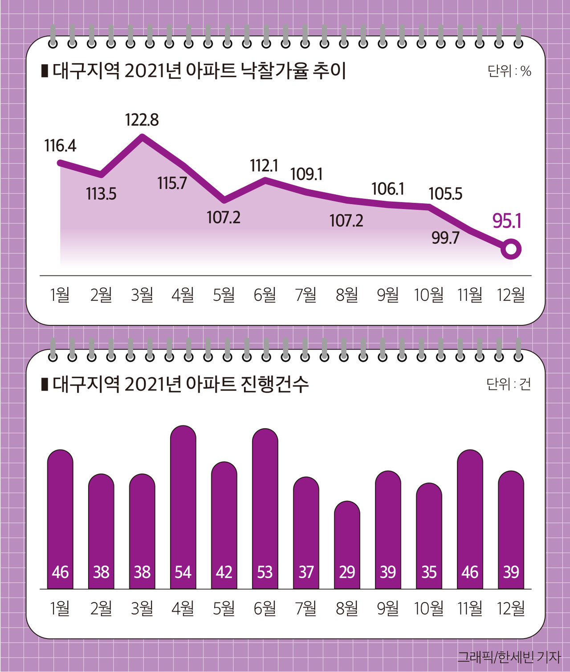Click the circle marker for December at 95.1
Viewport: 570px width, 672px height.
pos(511,249)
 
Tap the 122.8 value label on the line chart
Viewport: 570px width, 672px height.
pos(142,120)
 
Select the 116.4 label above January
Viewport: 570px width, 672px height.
pos(60,146)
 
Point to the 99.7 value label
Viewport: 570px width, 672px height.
pos(445,238)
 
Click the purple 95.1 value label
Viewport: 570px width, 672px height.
pos(507,221)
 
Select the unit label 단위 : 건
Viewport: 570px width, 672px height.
pos(509,384)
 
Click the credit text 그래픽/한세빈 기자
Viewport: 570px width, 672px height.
pos(509,657)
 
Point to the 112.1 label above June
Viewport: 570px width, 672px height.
pos(264,166)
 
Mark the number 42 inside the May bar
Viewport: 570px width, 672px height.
pos(224,572)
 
